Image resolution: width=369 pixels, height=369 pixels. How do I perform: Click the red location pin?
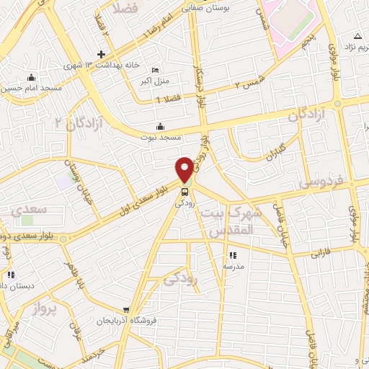185,169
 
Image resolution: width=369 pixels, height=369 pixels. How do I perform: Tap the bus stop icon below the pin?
185,192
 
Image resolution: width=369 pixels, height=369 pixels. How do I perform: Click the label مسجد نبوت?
164,136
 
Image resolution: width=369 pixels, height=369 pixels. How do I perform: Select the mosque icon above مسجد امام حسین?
30,79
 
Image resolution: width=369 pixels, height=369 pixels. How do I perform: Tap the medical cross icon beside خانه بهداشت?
102,55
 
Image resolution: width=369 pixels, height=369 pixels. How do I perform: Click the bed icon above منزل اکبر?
156,70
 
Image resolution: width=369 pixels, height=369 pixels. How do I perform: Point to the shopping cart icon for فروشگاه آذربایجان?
127,309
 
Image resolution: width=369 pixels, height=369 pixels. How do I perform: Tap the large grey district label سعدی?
30,210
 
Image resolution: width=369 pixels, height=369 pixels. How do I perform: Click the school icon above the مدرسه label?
232,255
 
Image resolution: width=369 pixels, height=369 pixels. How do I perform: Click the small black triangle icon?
357,35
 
